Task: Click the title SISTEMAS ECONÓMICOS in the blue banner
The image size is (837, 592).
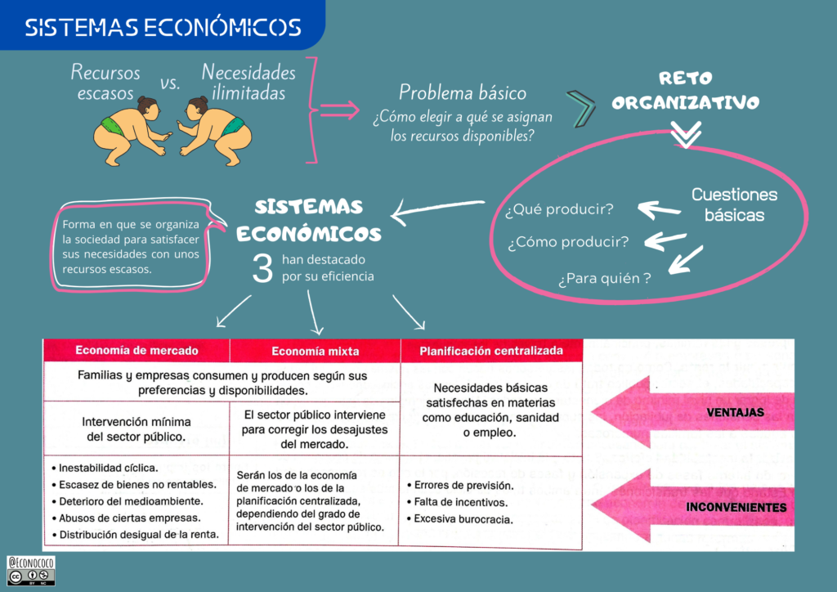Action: (x=163, y=28)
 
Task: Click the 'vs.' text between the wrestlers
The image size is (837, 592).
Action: (x=170, y=83)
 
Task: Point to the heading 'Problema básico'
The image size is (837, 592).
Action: (x=462, y=92)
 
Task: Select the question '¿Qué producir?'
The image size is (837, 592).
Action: (x=559, y=209)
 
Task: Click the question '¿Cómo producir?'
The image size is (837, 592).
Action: (x=567, y=242)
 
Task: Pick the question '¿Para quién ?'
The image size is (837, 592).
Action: (x=604, y=279)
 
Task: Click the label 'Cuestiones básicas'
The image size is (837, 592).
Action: (x=734, y=204)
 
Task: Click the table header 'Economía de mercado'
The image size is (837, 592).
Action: (x=137, y=350)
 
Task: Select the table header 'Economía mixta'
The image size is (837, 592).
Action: (x=315, y=351)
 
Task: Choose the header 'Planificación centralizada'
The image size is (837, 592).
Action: (x=491, y=351)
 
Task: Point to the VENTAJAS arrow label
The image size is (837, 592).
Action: (x=736, y=413)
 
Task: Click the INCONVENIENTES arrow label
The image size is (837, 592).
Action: (x=736, y=508)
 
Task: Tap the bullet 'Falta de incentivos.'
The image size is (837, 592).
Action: (x=460, y=502)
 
